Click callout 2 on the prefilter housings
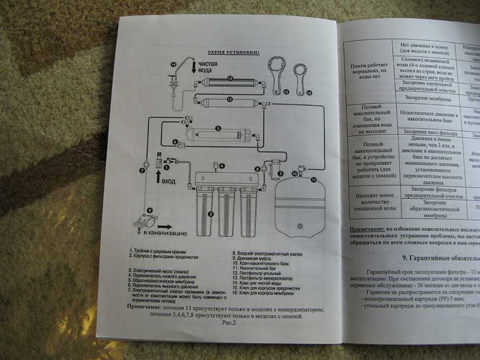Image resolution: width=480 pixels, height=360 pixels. [211, 214]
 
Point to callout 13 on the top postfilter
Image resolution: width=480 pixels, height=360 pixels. [230, 78]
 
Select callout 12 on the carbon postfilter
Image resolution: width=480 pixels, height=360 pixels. [230, 99]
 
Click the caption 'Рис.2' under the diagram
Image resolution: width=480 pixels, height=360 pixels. [228, 322]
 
